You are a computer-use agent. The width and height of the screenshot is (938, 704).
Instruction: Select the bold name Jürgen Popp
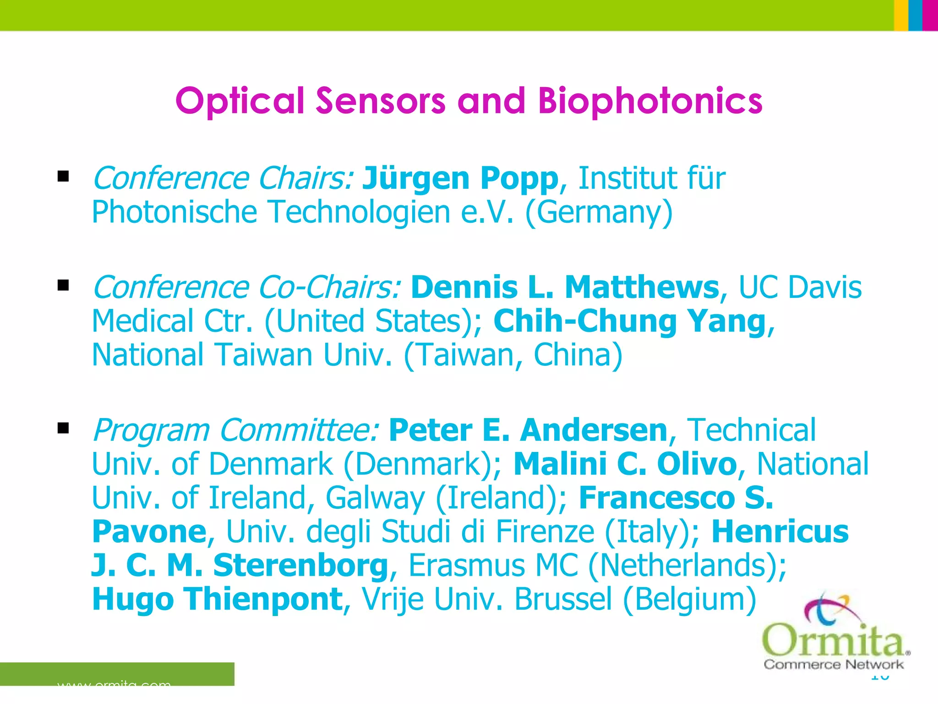[x=460, y=178]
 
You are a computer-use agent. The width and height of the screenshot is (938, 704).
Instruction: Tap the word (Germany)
[x=599, y=212]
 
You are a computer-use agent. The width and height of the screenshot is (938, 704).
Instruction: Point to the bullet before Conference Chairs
[x=63, y=176]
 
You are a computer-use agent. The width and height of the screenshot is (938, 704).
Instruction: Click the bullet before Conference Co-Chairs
[x=63, y=286]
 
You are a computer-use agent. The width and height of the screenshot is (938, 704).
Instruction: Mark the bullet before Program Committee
[x=63, y=428]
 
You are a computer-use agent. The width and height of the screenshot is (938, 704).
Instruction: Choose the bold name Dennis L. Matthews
[x=565, y=287]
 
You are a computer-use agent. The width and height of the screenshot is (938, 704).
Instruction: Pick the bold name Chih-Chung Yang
[x=630, y=321]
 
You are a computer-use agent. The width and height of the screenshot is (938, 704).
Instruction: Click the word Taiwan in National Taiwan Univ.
[x=264, y=355]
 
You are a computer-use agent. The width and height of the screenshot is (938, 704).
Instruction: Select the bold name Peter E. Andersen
[x=528, y=430]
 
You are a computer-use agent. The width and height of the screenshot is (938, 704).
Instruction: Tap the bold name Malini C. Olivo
[x=625, y=464]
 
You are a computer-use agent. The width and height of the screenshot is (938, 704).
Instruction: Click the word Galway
[x=375, y=498]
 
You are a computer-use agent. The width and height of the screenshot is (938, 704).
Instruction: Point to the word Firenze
[x=545, y=532]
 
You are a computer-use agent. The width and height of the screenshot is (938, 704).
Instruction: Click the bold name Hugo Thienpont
[x=218, y=599]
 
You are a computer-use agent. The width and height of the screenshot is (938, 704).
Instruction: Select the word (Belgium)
[x=689, y=599]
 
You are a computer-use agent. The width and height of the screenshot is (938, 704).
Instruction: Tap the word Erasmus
[x=466, y=566]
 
